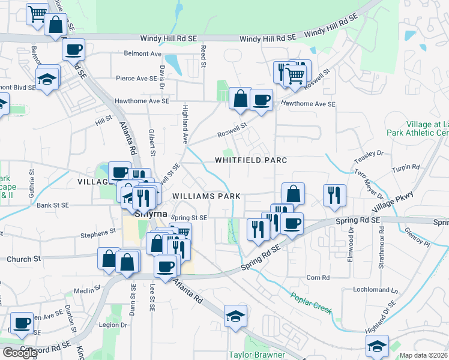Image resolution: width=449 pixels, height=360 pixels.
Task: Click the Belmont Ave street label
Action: pyautogui.click(x=143, y=53)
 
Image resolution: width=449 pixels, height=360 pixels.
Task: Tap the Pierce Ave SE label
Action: pyautogui.click(x=136, y=78)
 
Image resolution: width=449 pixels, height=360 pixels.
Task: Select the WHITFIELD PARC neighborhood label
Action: pyautogui.click(x=252, y=160)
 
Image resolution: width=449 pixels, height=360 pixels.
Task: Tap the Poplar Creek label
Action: pyautogui.click(x=312, y=301)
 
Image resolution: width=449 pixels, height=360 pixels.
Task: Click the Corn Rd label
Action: pyautogui.click(x=318, y=278)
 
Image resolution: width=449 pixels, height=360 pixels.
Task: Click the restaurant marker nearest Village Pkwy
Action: pyautogui.click(x=334, y=195)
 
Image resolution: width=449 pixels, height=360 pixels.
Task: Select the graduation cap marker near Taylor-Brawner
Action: pyautogui.click(x=236, y=316)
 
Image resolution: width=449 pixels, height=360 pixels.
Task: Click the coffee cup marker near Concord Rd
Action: pyautogui.click(x=22, y=324)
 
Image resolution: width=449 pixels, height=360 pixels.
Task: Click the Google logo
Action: pyautogui.click(x=19, y=353)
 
